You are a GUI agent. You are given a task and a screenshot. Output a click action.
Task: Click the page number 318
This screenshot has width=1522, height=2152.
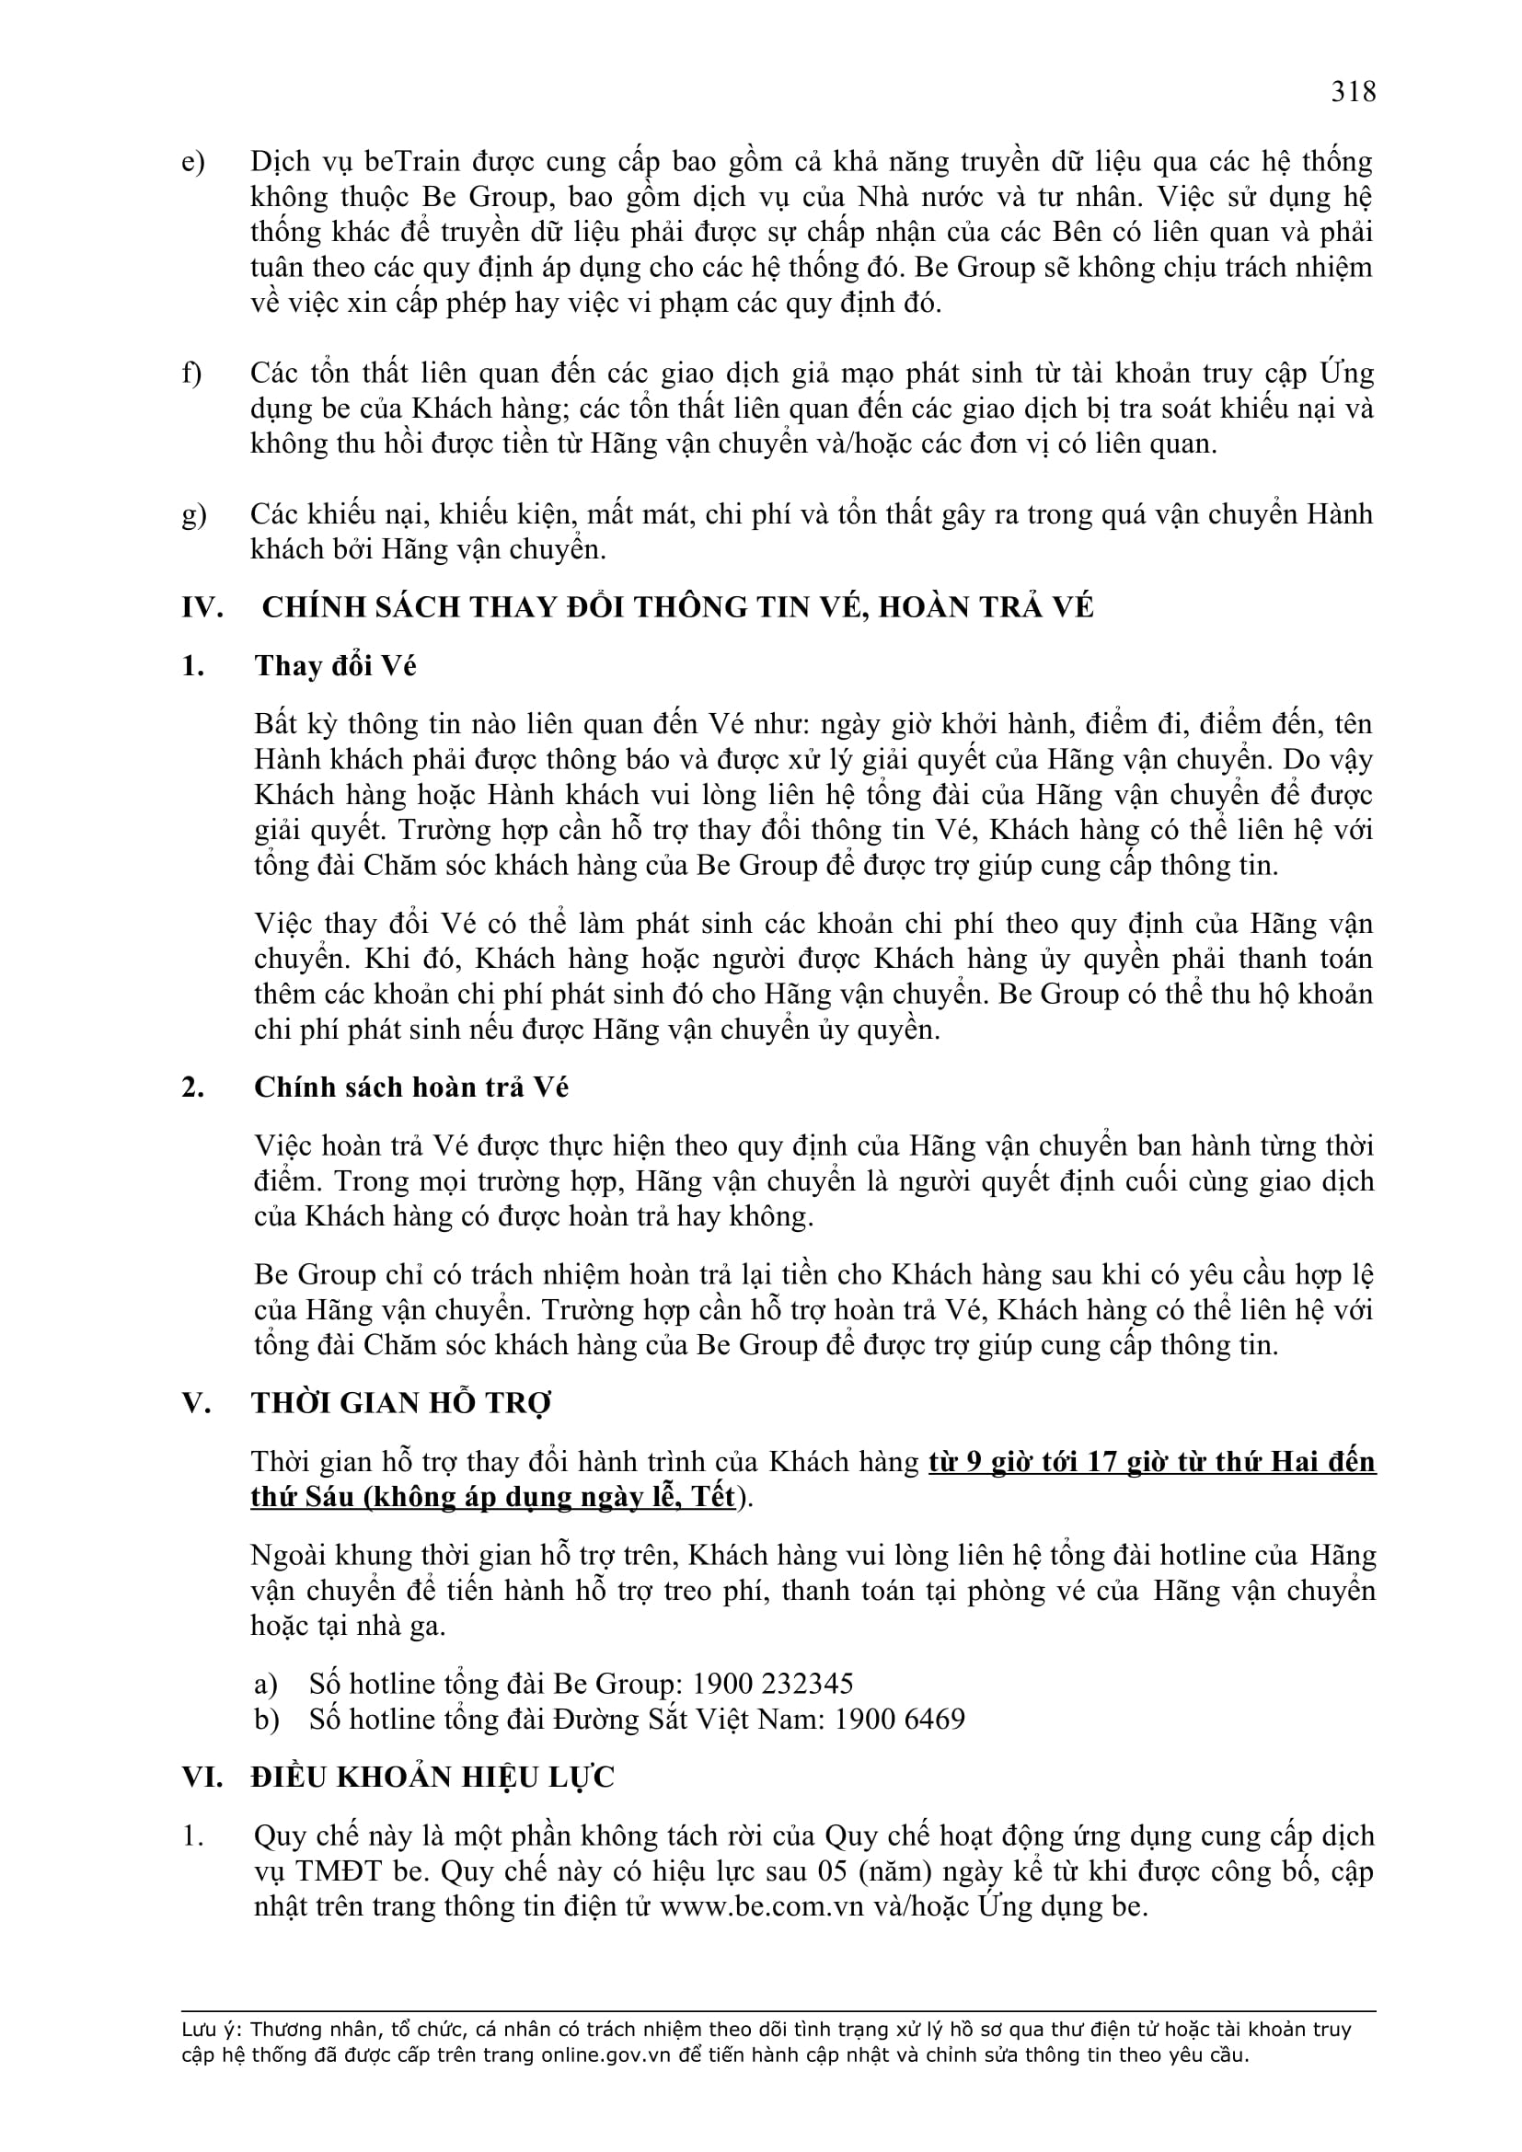coord(1353,92)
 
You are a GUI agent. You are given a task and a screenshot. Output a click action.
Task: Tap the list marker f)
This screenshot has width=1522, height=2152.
coord(192,373)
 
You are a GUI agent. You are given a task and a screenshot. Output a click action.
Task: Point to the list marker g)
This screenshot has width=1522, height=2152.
coord(193,513)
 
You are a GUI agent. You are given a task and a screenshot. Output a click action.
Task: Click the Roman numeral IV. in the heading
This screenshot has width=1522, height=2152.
coord(202,607)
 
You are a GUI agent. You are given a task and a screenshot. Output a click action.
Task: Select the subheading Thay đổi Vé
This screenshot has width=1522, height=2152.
coord(335,665)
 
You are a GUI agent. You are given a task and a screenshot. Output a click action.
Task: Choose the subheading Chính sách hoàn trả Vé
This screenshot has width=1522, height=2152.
coord(410,1088)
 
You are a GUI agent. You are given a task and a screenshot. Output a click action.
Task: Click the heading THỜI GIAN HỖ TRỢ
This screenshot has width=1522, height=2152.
coord(400,1403)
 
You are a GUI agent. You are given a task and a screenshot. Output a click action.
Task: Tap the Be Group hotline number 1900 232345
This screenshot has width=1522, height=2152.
coord(772,1684)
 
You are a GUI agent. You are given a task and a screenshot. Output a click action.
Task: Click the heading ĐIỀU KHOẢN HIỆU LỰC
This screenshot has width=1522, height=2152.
coord(432,1778)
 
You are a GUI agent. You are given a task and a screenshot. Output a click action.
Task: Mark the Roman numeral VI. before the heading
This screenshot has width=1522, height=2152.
coord(202,1778)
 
